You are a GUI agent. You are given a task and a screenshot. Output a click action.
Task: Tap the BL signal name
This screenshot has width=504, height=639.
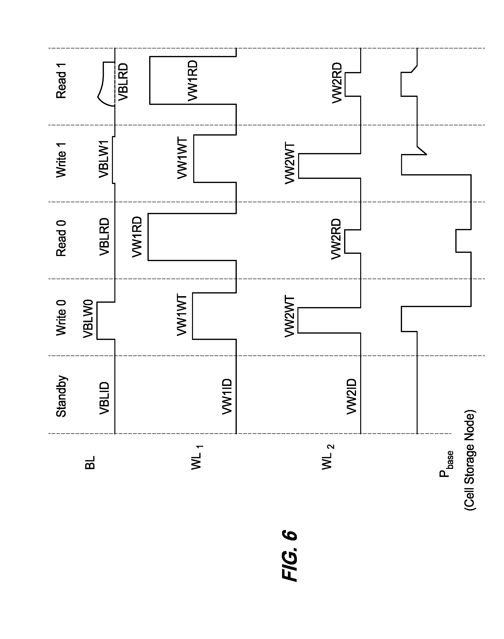coord(90,463)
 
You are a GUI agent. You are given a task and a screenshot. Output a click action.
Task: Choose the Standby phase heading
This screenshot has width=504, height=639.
coord(61,396)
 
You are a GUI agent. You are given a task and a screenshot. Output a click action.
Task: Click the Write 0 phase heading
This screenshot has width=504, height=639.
coord(61,318)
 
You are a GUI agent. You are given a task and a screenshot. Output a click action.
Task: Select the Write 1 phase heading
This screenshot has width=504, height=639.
coord(61,160)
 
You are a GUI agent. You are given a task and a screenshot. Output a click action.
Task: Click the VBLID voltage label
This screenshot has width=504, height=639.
coord(104,398)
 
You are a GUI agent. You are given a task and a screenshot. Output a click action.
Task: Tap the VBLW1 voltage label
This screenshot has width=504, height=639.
coord(104,159)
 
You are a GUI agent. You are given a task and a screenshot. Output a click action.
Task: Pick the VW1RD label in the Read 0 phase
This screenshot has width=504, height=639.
coord(137,237)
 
